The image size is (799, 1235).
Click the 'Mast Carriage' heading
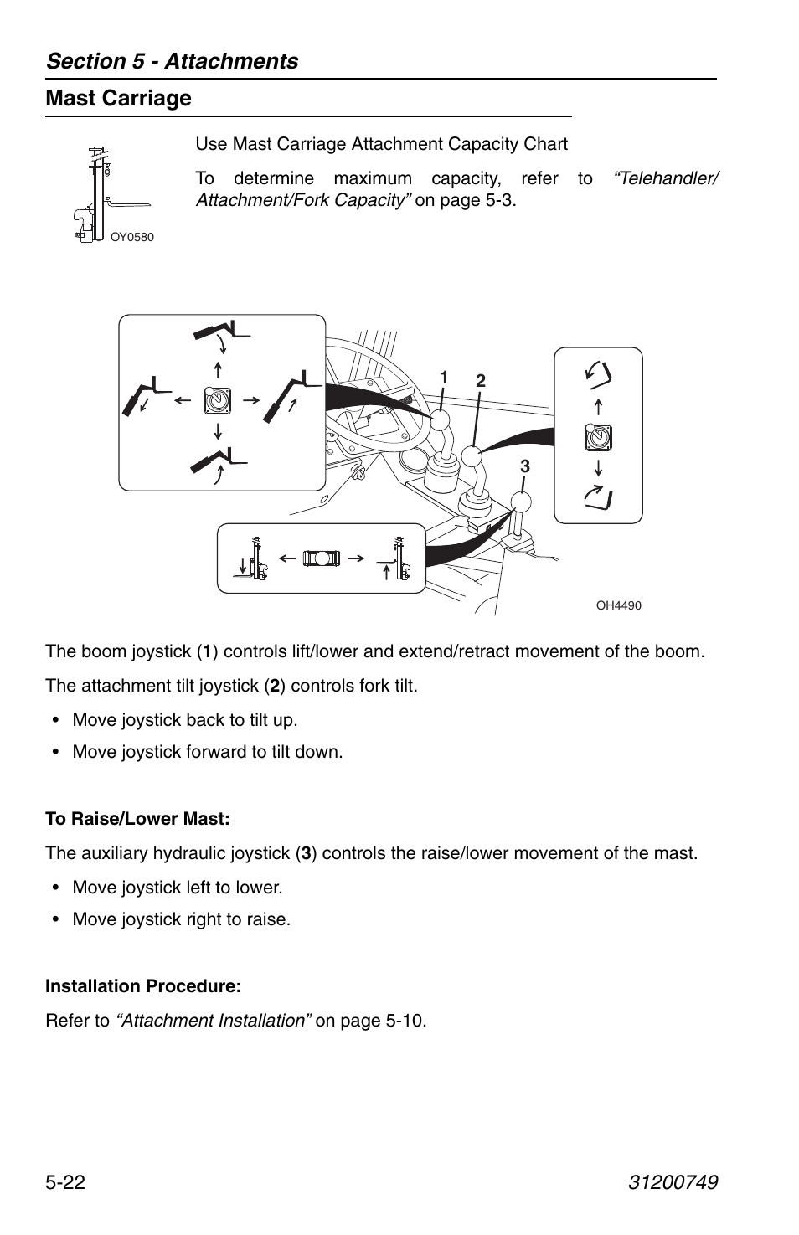point(118,99)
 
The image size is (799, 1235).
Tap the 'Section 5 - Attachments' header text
point(172,61)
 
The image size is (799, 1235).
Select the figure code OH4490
point(618,605)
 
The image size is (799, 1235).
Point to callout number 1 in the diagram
point(445,378)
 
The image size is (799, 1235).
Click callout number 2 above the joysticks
point(481,381)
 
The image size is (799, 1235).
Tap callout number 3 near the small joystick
point(525,467)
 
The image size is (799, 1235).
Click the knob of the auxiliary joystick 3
point(521,503)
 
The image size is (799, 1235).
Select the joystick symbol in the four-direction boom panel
point(218,401)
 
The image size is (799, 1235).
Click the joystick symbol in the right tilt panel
point(598,437)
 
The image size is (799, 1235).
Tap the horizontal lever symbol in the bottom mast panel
point(322,558)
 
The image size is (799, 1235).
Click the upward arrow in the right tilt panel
point(598,407)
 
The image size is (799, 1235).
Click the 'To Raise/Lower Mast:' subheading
point(137,818)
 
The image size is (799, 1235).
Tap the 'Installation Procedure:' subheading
point(143,986)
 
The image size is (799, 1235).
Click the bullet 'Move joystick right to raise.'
point(181,919)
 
